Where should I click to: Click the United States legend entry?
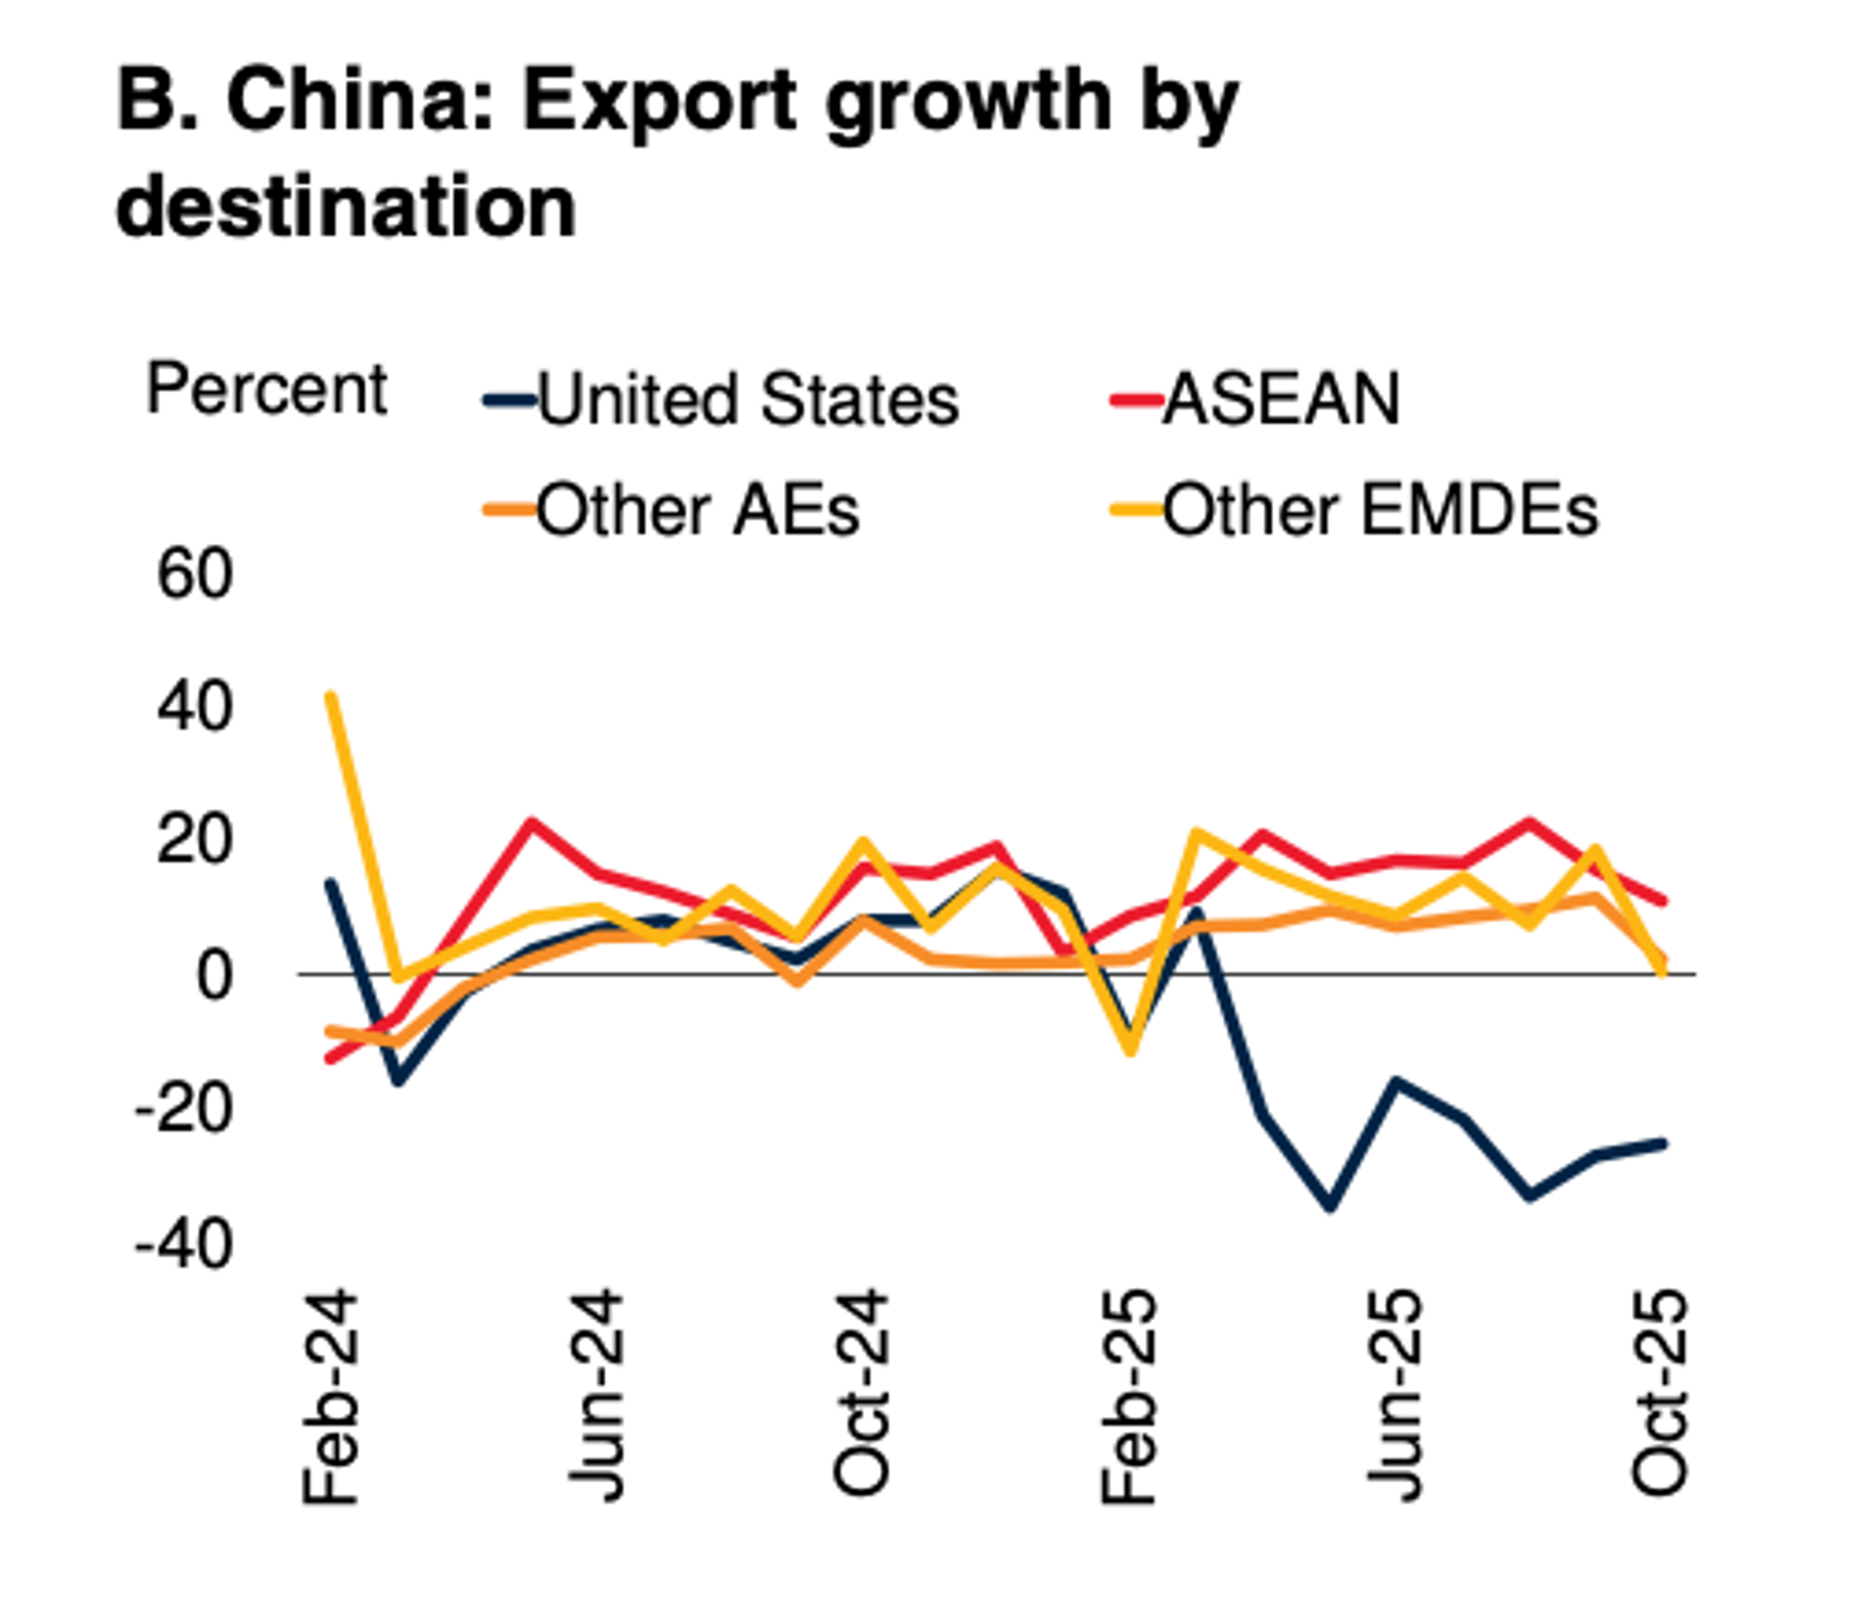[746, 400]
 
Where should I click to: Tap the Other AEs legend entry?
[696, 511]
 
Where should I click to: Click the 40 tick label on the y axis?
[195, 707]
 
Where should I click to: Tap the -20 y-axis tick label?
[184, 1109]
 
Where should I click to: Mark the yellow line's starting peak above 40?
[331, 697]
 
